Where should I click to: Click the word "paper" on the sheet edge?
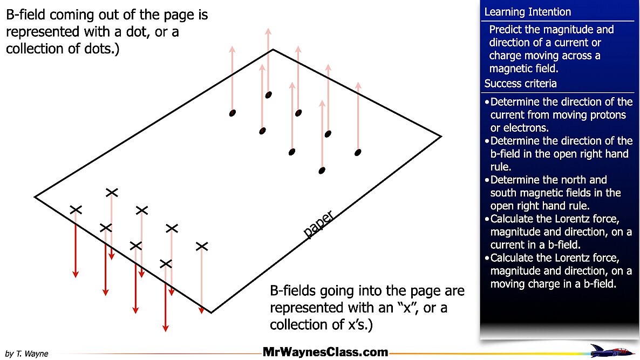[318, 225]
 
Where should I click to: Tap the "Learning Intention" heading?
[527, 12]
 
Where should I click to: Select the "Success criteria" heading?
[520, 84]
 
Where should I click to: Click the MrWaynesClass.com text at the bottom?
[325, 352]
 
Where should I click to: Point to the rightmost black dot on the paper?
[357, 153]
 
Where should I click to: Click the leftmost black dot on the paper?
[233, 113]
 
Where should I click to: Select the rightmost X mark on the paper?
[202, 246]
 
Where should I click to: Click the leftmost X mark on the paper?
[76, 209]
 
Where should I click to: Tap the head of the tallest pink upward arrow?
[268, 31]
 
